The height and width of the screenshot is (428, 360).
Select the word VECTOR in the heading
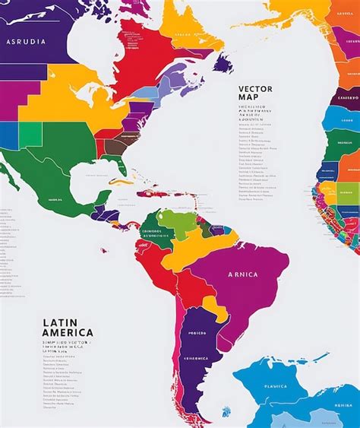click(255, 88)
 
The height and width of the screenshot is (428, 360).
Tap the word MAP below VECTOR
click(248, 97)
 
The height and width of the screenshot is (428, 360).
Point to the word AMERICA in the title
click(68, 332)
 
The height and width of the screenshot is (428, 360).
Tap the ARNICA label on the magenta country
click(242, 274)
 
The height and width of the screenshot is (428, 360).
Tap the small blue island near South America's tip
click(226, 413)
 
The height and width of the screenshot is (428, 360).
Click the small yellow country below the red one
click(216, 307)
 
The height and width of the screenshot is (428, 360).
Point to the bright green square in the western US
click(30, 134)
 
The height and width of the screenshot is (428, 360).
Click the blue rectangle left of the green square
click(8, 135)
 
